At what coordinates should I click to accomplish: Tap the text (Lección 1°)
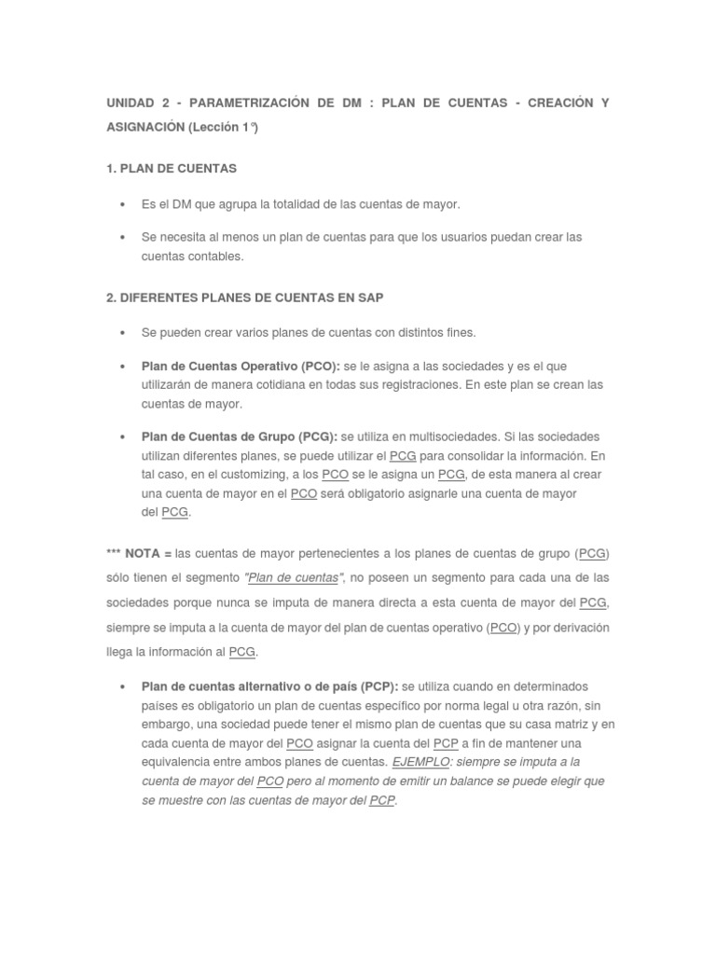[224, 129]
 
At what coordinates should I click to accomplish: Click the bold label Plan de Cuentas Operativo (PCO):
[240, 367]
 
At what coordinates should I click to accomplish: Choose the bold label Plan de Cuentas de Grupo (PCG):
[239, 437]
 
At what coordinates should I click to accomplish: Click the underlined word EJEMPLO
[420, 762]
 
